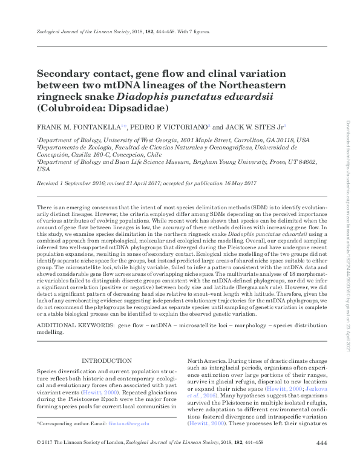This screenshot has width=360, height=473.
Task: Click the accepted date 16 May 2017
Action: [241, 183]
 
